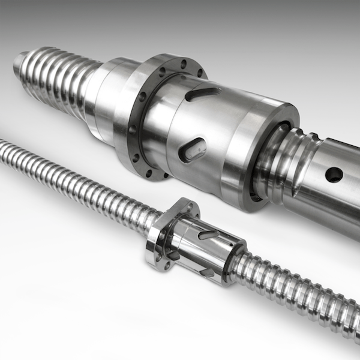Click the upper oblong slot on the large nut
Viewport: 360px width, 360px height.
203,94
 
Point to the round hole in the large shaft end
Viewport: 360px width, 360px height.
334,175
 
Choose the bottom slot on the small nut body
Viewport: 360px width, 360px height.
207,272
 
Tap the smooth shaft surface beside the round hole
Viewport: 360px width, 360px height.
342,198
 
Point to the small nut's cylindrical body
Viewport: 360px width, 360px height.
204,252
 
